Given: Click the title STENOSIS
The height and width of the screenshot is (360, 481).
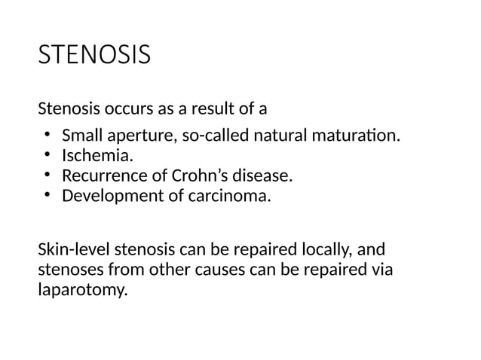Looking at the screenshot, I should pos(94,56).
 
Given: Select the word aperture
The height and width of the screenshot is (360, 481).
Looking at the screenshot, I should pos(136,137).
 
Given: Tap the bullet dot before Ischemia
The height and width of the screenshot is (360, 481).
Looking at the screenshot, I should pos(46,157).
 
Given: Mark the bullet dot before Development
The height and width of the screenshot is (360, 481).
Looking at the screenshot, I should pos(46,196).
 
